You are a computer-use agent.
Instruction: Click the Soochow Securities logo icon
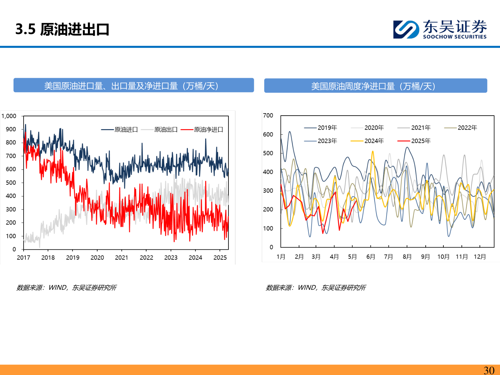[406, 29]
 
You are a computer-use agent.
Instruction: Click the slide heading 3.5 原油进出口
[62, 30]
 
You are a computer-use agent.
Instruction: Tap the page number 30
[489, 370]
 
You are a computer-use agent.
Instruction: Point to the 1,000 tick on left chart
[9, 116]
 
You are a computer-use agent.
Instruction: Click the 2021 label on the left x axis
[122, 258]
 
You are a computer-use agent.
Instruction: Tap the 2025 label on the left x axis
[220, 258]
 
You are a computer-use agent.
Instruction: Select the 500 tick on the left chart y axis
[11, 183]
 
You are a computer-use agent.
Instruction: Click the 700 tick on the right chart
[268, 116]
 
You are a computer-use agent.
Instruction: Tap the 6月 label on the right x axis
[371, 257]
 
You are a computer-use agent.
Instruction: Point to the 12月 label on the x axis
[480, 257]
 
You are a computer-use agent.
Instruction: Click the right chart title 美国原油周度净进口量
[375, 86]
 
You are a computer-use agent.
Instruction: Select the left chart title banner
[134, 86]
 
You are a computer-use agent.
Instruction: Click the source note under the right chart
[316, 287]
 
